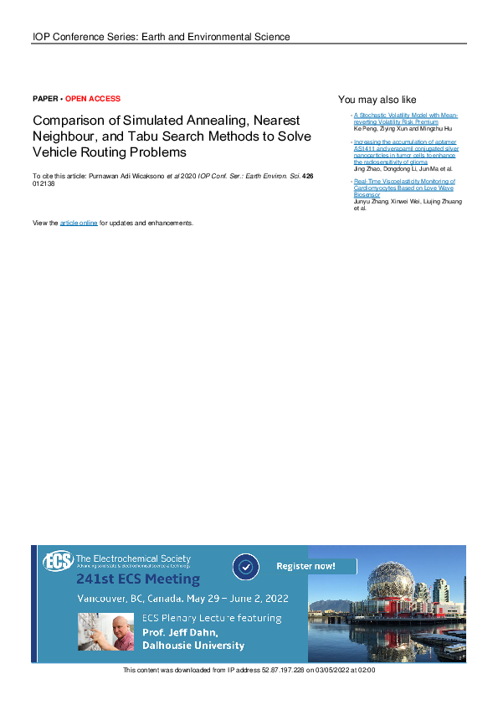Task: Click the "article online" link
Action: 79,224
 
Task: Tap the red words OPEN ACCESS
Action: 93,99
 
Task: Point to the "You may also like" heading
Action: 377,100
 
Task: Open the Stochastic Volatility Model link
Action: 405,117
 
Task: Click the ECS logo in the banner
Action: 58,560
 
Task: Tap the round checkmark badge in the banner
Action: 245,567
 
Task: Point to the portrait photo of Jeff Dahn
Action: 105,630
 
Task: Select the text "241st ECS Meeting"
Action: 138,579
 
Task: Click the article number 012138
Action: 44,184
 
